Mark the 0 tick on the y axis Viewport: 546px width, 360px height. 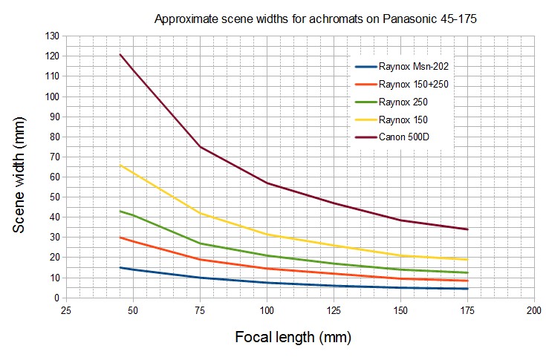[56, 298]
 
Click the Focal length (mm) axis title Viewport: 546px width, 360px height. [293, 337]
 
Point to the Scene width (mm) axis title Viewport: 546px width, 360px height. [20, 166]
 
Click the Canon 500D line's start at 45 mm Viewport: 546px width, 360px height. [120, 54]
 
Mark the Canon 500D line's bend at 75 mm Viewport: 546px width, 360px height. [200, 146]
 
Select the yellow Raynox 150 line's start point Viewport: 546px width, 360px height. [120, 165]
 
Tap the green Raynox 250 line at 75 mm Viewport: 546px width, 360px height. [200, 243]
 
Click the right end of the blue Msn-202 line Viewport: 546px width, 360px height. [468, 289]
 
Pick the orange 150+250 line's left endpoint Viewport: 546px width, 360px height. [120, 238]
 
